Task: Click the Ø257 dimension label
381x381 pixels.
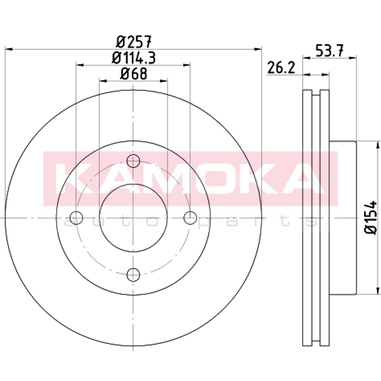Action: [134, 41]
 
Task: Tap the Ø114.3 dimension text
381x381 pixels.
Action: [133, 58]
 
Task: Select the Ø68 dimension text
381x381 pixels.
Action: [134, 74]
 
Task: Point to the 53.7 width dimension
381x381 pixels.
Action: [329, 50]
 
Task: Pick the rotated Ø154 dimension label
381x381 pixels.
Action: [371, 217]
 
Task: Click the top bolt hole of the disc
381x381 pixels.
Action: [133, 161]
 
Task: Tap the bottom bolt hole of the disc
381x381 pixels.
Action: [133, 275]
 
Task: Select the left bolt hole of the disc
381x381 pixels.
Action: [76, 218]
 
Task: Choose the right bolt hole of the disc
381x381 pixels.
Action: [190, 218]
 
